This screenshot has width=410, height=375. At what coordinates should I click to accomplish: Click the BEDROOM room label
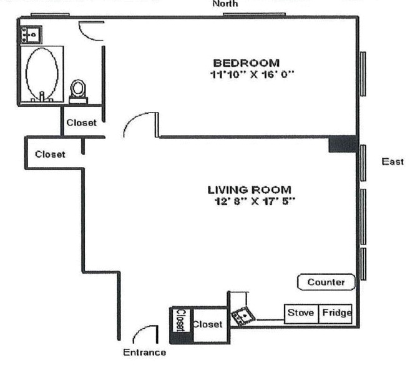pyautogui.click(x=246, y=62)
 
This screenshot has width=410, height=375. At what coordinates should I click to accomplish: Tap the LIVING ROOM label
pyautogui.click(x=250, y=189)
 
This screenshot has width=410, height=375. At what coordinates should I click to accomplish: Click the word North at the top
pyautogui.click(x=225, y=4)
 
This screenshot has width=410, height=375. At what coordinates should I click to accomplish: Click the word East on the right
pyautogui.click(x=392, y=162)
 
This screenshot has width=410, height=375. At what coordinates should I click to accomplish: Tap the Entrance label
pyautogui.click(x=145, y=352)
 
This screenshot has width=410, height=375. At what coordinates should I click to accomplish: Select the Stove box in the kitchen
pyautogui.click(x=300, y=313)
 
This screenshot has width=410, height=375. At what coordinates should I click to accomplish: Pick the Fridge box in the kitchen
pyautogui.click(x=336, y=313)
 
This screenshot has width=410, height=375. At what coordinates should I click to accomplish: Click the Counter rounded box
pyautogui.click(x=326, y=282)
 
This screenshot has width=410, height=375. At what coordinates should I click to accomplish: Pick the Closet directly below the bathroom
pyautogui.click(x=81, y=122)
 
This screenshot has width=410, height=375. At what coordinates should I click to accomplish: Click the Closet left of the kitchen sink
pyautogui.click(x=207, y=324)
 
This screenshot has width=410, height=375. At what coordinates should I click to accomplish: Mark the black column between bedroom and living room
pyautogui.click(x=343, y=144)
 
